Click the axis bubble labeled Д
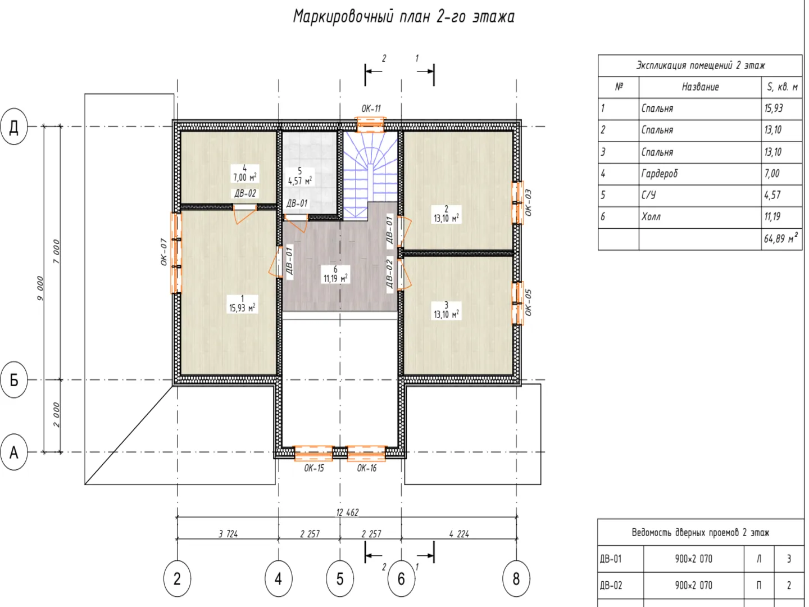[x=14, y=126]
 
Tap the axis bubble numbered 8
[x=516, y=579]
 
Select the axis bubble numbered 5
[x=340, y=579]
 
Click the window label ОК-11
[x=371, y=108]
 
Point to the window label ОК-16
[x=367, y=468]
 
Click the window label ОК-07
[x=164, y=252]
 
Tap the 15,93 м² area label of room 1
[x=242, y=308]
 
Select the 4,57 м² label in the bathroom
[x=299, y=181]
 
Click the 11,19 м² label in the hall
[x=335, y=279]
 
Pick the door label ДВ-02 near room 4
[x=245, y=193]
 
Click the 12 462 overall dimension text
[x=347, y=512]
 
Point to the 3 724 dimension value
[x=228, y=534]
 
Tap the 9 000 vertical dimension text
[x=40, y=288]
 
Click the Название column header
[x=700, y=87]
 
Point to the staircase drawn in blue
[x=370, y=175]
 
